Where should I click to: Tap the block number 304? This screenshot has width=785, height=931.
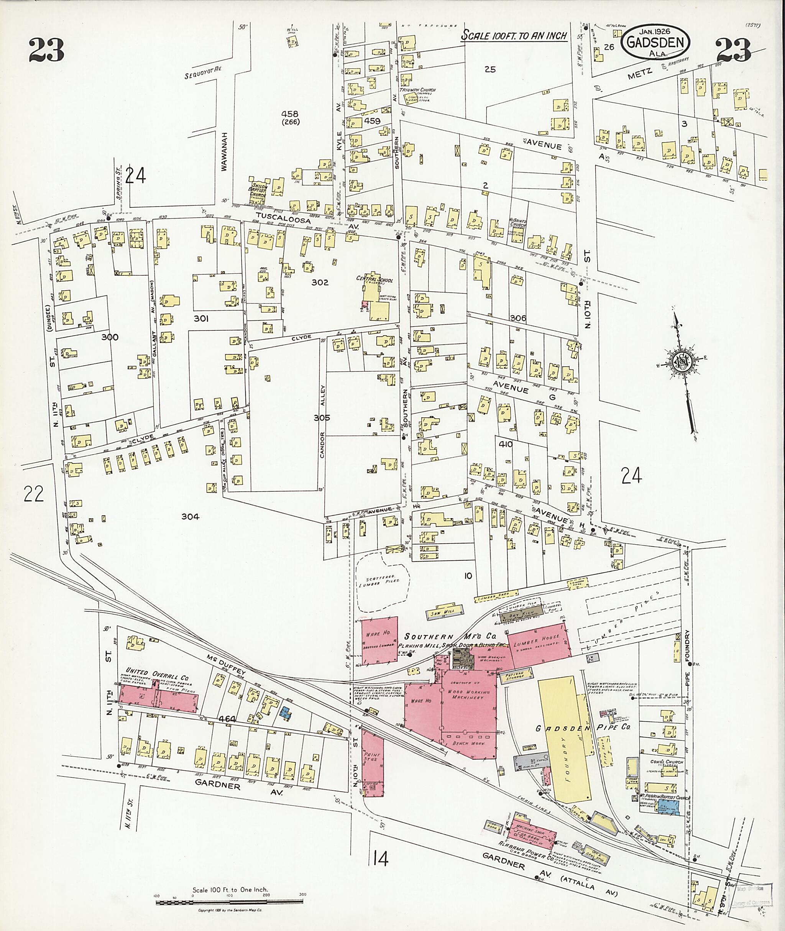tap(190, 516)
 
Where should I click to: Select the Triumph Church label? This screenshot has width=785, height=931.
tap(417, 90)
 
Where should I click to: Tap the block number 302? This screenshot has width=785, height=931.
tap(320, 282)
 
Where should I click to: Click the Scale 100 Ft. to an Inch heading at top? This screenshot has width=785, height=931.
tap(514, 36)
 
